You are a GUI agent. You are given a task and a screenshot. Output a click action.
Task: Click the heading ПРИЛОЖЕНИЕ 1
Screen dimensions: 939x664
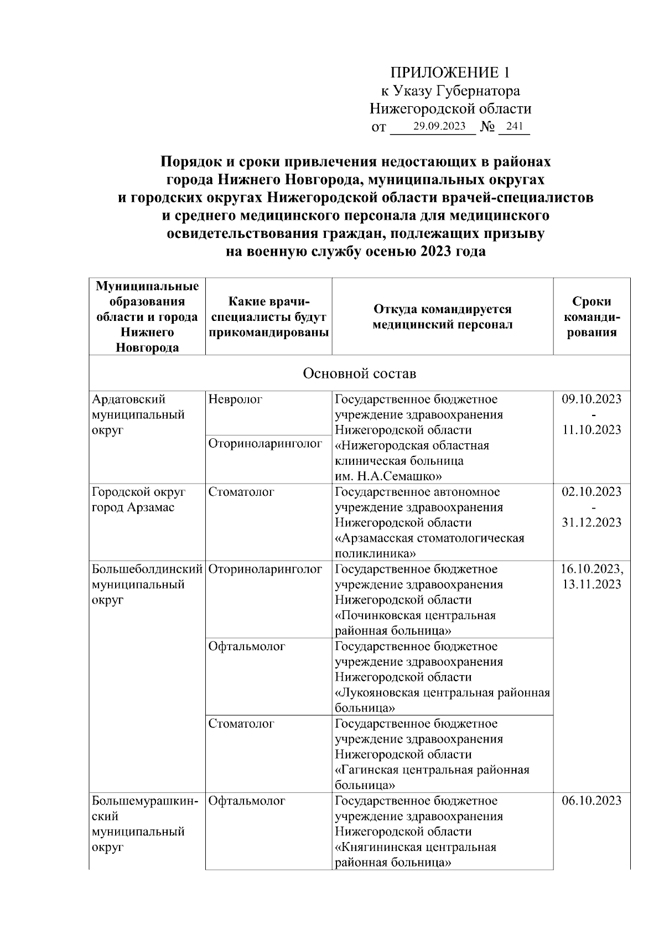(x=449, y=72)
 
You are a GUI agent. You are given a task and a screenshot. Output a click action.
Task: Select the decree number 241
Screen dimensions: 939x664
(x=514, y=126)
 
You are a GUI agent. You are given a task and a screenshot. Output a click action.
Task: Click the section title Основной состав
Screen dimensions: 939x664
(x=359, y=373)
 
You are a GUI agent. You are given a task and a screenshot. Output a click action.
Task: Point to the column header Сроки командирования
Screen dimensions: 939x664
(x=592, y=317)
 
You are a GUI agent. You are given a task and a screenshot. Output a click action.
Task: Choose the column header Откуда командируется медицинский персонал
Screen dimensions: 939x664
(x=442, y=317)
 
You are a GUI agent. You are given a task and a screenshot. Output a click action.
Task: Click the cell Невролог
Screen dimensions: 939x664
(x=236, y=399)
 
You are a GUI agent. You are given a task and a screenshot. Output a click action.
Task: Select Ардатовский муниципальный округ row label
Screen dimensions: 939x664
(x=138, y=414)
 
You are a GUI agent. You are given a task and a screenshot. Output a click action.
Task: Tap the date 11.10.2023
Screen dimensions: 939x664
(x=592, y=430)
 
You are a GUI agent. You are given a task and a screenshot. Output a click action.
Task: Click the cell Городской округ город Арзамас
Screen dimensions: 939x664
(x=138, y=500)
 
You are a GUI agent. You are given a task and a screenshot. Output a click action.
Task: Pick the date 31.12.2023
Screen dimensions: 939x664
(x=592, y=522)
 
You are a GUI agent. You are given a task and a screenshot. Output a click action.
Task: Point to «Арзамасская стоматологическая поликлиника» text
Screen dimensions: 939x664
(x=429, y=546)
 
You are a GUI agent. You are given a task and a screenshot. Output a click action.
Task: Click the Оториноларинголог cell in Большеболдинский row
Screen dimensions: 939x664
(x=266, y=569)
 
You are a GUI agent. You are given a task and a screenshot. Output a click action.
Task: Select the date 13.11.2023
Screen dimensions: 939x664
(x=592, y=584)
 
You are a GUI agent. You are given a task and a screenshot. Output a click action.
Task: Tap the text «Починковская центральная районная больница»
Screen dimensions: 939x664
(x=415, y=623)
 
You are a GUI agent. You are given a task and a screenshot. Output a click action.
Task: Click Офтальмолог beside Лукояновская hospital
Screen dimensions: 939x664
(x=247, y=646)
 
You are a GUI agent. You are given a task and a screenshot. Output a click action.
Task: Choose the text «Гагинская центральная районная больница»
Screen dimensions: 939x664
(x=432, y=777)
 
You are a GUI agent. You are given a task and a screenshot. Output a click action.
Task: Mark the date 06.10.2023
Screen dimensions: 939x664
(x=592, y=801)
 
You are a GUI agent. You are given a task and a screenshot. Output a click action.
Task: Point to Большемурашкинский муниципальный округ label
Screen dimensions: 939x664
(x=145, y=824)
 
